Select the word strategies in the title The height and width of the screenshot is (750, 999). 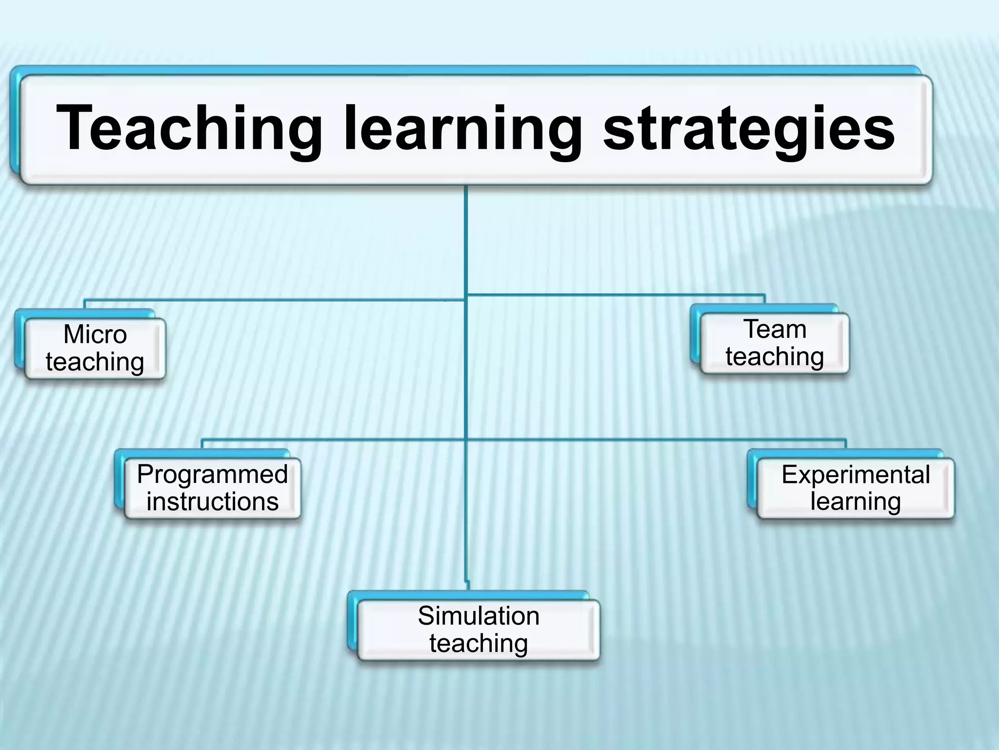pos(749,128)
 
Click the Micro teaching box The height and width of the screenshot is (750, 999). pos(95,349)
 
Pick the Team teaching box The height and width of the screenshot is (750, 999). pos(775,343)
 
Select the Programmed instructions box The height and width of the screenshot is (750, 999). pos(212,488)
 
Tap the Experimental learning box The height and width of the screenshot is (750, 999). pos(855,488)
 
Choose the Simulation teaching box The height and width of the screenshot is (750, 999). pos(479,630)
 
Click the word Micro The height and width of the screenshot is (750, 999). pos(95,335)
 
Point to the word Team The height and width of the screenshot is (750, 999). pos(775,329)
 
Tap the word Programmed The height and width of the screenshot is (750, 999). pos(212,474)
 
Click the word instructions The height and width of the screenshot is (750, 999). pos(212,501)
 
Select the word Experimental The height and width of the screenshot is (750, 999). pos(856,474)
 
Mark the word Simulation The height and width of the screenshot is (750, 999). pos(479,616)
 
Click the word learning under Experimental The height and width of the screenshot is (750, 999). pos(856,501)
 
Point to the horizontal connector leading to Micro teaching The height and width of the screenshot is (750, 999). pos(273,300)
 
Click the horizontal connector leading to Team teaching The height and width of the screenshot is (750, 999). pos(615,295)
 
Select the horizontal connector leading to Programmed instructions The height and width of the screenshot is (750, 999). pos(332,439)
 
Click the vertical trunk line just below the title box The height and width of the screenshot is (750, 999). pos(466,234)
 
